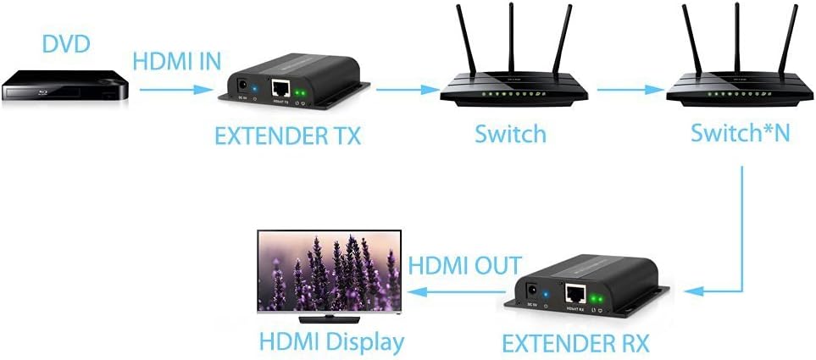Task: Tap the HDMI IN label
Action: tap(177, 61)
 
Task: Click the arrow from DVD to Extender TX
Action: tap(175, 87)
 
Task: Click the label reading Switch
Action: tap(510, 133)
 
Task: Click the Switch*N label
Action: tap(740, 133)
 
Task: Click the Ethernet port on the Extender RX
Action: tap(577, 294)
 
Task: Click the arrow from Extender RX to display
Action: tap(462, 291)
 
